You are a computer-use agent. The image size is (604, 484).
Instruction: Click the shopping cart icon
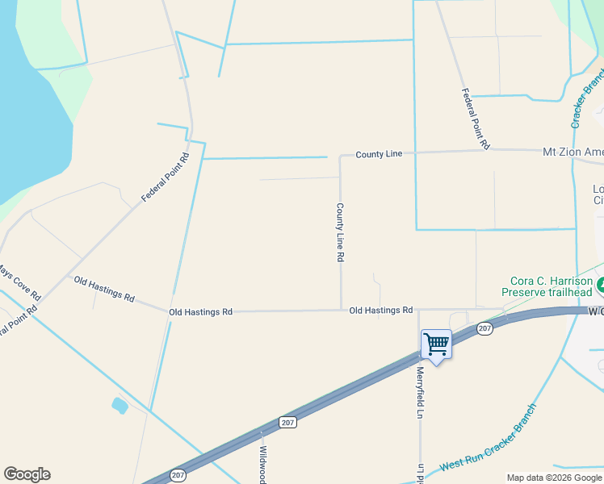pos(436,344)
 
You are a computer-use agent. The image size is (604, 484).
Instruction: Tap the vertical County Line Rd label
pos(341,232)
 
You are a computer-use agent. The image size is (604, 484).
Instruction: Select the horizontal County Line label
pos(379,154)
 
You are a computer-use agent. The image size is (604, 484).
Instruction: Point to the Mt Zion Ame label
pos(573,152)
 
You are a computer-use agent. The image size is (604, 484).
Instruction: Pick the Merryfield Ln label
pos(420,393)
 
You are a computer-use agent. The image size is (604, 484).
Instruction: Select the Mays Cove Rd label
pos(19,282)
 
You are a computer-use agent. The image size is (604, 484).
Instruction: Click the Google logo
pos(27,474)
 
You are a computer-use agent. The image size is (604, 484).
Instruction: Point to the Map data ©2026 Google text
pos(553,478)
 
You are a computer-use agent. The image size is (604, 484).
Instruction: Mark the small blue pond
pos(120,405)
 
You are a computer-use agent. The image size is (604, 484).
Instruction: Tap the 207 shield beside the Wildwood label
pos(288,422)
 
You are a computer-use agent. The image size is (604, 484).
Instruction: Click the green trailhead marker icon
pos(601,285)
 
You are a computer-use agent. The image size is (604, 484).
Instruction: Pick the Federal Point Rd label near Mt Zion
pos(476,119)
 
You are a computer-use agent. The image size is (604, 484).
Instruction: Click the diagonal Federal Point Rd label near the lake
pos(165,177)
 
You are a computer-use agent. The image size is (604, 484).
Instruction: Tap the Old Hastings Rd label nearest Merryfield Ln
pos(381,310)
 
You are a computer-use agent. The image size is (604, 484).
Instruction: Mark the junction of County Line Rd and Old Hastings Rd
pos(341,309)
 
